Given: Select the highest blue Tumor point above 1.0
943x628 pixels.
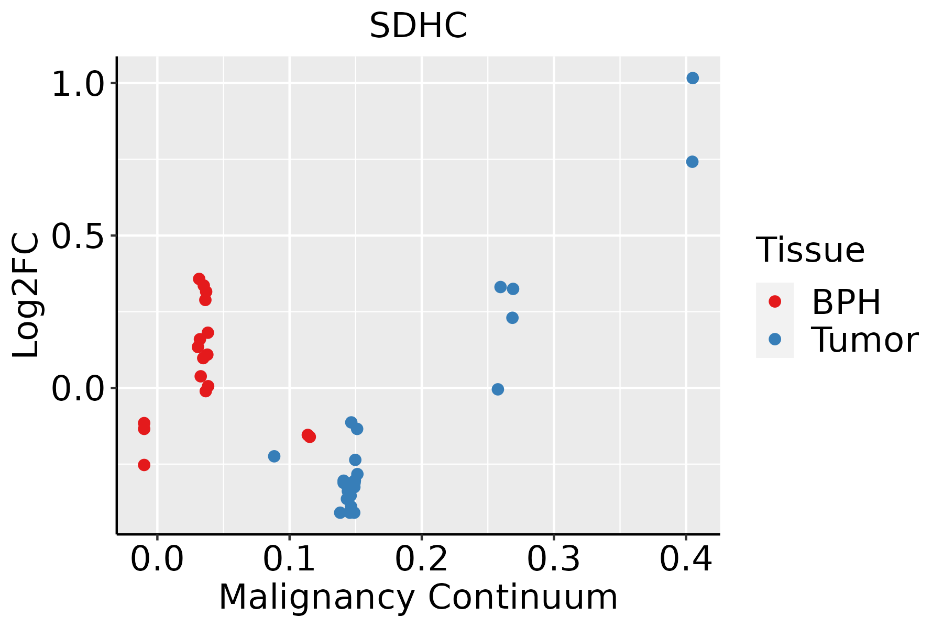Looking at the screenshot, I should (693, 78).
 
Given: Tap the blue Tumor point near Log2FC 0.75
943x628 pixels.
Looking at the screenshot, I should (692, 162).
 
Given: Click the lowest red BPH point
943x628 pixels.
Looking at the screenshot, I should (144, 465).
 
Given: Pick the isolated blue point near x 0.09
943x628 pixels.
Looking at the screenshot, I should (274, 456).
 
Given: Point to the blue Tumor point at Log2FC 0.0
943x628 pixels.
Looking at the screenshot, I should (498, 389).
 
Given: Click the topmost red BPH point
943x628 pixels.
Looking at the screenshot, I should (199, 278).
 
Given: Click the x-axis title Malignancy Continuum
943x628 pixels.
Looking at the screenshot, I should (418, 597).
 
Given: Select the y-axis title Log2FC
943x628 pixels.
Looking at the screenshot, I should (26, 296).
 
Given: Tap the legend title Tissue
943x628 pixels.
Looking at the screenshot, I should (810, 250).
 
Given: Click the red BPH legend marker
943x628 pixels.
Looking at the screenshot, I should (774, 301).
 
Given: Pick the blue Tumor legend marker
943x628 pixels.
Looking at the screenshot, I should (774, 339).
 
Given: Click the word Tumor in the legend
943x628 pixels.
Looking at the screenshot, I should (864, 340).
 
